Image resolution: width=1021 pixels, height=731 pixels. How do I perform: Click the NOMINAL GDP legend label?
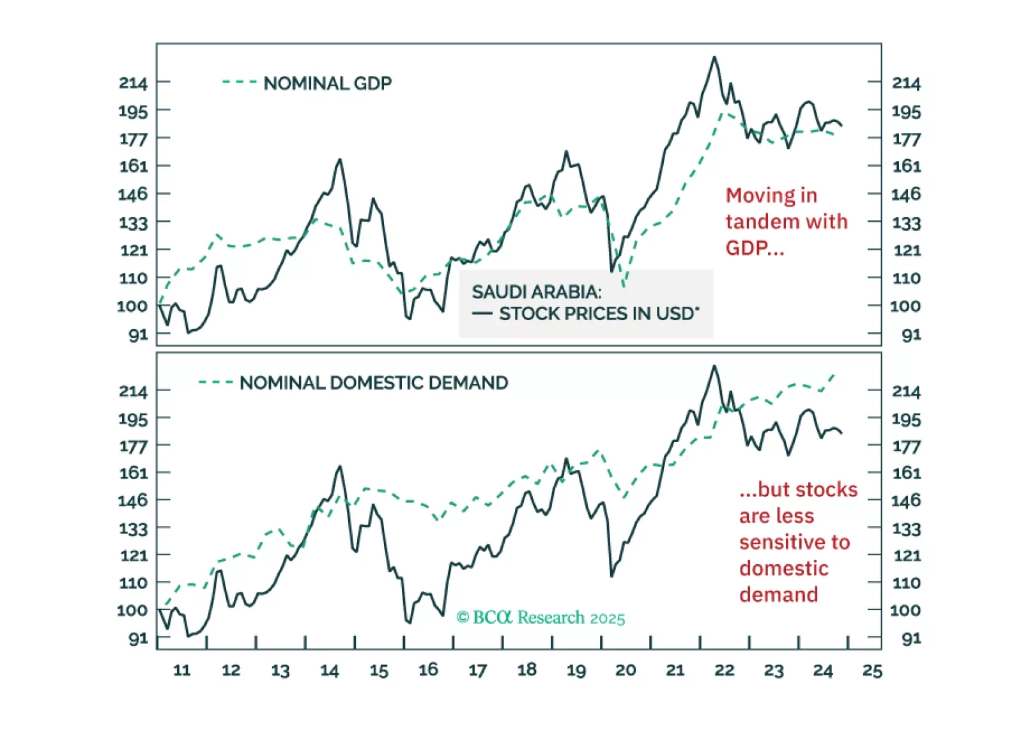(x=327, y=84)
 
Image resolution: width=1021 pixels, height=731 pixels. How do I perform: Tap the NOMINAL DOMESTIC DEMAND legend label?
(x=374, y=383)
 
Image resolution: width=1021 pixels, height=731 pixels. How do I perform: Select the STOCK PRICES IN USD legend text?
(x=599, y=314)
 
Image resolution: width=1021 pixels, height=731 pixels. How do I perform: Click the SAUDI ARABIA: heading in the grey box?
(x=537, y=292)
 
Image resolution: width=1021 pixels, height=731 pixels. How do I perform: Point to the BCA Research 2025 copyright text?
(x=541, y=617)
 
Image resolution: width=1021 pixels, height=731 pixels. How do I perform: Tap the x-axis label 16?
(x=428, y=670)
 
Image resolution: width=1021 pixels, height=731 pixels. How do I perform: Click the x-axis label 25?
(x=872, y=670)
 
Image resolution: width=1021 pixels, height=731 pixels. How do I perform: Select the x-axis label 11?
(x=182, y=670)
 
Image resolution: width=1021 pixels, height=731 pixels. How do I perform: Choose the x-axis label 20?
(x=626, y=670)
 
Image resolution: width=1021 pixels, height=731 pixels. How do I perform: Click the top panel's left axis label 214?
(x=133, y=83)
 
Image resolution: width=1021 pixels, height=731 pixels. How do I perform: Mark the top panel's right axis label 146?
(x=906, y=194)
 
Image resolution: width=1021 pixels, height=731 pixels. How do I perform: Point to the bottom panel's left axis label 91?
(x=138, y=638)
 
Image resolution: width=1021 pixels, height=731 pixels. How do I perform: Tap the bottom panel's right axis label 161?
(x=906, y=473)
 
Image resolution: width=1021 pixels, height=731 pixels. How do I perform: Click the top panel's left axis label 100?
(x=132, y=306)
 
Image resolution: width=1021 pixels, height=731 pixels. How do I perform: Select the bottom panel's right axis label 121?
(x=906, y=556)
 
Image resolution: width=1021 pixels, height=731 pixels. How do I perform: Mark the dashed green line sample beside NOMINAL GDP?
(x=240, y=82)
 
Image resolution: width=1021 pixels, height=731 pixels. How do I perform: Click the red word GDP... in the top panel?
(x=754, y=248)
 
